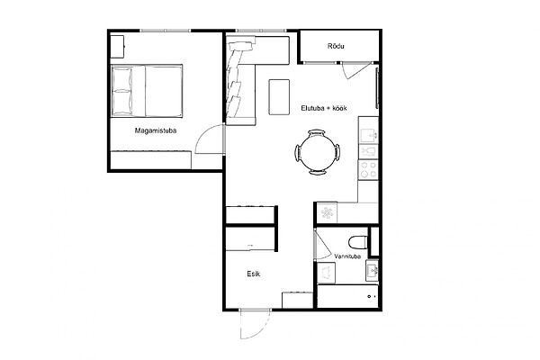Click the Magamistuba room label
click(156, 130)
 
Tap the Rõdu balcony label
click(336, 46)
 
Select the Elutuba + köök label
click(324, 108)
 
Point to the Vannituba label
click(347, 256)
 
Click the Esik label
click(254, 274)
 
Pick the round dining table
click(317, 152)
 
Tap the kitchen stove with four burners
click(368, 170)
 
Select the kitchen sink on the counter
click(369, 134)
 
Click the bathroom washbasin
click(373, 270)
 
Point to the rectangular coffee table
click(279, 97)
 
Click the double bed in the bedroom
click(147, 91)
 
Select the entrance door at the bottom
click(254, 324)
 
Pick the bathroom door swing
click(323, 244)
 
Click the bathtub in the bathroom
click(347, 296)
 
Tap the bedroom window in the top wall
click(166, 31)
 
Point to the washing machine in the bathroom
click(326, 273)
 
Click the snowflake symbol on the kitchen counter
click(328, 212)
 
